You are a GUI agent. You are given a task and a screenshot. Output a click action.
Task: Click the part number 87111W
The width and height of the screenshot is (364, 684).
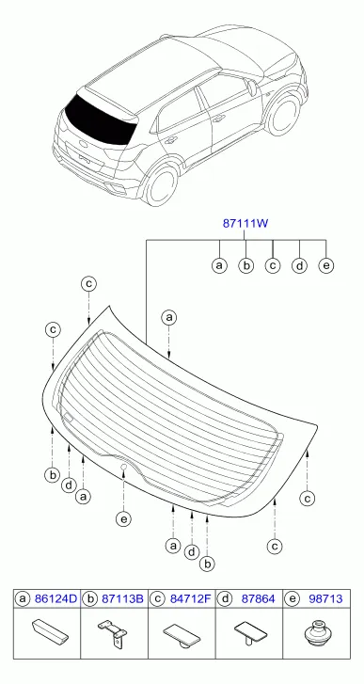pos(245,224)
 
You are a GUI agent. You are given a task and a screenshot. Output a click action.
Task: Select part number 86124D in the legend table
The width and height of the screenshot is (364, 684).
pos(55,599)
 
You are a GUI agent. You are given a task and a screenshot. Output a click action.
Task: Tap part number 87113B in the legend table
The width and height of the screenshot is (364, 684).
pos(122,599)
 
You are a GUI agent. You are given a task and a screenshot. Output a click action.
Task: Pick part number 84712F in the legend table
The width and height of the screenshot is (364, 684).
pos(190,599)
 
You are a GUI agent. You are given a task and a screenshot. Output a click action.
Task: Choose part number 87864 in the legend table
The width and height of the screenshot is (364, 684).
pos(258,599)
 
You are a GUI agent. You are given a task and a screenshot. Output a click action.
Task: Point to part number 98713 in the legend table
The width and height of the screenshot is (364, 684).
pos(325,599)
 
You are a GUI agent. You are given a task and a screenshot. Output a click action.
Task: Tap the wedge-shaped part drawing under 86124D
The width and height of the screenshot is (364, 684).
pos(50,630)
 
